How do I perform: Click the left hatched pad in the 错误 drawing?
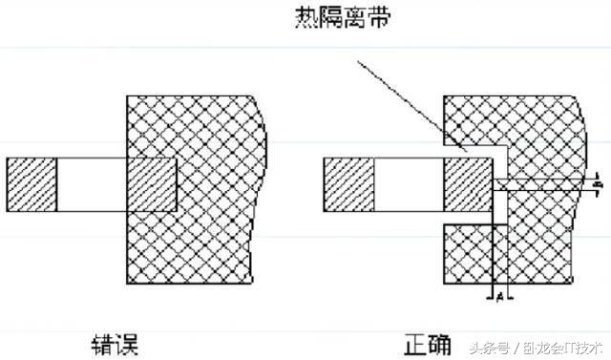click(32, 184)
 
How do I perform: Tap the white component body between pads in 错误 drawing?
click(92, 184)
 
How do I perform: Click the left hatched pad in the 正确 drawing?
click(348, 184)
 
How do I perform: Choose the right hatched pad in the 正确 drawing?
click(468, 184)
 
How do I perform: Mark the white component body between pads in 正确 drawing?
click(408, 184)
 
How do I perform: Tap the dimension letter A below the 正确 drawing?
click(499, 298)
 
